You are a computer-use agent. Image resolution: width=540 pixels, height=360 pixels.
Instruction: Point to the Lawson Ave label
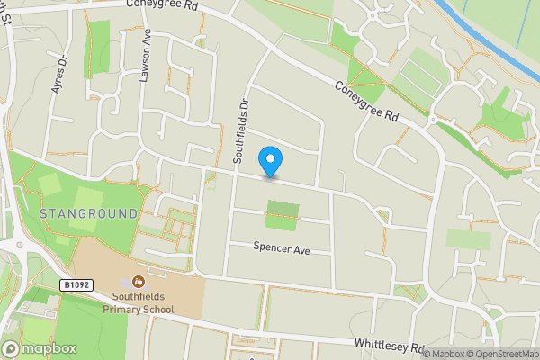(x=145, y=55)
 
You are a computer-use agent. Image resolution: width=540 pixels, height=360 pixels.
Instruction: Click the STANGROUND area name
(x=89, y=213)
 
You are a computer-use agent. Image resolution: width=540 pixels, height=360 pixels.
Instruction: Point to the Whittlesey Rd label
(x=389, y=346)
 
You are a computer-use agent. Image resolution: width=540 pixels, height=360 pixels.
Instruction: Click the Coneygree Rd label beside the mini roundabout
(x=366, y=102)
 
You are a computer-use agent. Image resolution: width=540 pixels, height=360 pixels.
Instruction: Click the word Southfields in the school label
(x=138, y=296)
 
